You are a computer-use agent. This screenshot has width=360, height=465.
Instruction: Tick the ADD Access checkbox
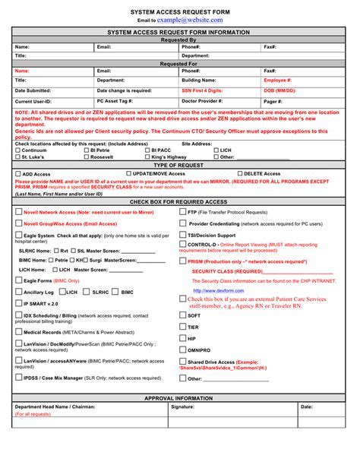tap(18, 174)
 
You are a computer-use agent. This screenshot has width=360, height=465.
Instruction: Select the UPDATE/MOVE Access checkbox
tap(126, 174)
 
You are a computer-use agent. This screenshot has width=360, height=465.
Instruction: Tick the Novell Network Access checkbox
tap(19, 213)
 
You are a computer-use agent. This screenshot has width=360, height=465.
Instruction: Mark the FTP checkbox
tap(183, 213)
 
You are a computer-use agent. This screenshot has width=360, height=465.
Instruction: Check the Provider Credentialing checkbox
tap(183, 225)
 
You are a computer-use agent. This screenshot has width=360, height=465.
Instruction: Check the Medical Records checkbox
tap(19, 332)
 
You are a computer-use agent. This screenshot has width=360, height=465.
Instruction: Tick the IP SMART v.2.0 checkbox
tap(19, 303)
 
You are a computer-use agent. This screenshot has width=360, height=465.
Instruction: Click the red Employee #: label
tap(277, 79)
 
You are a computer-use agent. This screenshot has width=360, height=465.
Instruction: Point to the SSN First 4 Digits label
tap(201, 90)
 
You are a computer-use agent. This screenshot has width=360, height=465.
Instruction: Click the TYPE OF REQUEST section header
tap(179, 165)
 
